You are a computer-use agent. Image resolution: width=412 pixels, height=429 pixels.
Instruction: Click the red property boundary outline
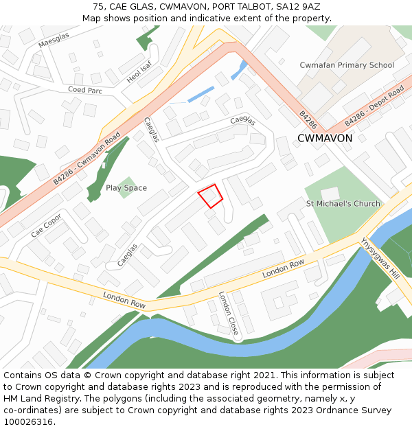click(211, 196)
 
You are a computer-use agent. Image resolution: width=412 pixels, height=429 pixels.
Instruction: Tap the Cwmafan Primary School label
click(347, 65)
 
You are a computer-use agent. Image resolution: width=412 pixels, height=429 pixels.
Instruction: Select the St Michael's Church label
click(343, 204)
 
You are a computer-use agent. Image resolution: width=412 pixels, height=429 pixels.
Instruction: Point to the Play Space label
click(126, 188)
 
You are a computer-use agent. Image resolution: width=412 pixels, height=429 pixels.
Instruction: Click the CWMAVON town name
click(325, 138)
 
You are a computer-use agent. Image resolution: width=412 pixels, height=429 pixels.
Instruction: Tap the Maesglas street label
click(54, 43)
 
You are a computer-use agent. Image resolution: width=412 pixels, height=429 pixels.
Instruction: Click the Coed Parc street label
click(84, 90)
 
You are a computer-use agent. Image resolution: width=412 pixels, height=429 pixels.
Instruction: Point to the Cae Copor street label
click(46, 224)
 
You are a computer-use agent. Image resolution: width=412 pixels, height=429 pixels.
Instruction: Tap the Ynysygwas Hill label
click(380, 257)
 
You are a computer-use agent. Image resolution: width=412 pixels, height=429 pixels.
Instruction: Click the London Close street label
click(229, 314)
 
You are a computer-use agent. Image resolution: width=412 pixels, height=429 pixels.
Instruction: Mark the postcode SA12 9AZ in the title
click(297, 6)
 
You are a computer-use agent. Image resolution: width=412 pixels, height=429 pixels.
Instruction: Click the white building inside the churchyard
click(330, 194)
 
